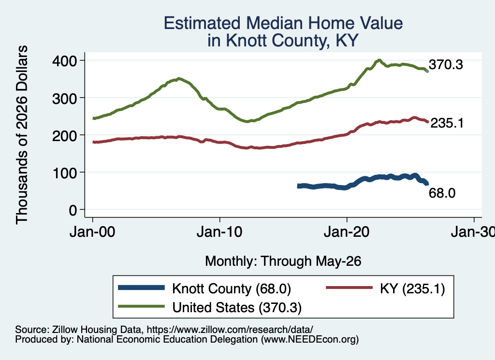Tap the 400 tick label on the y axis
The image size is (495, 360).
point(64,60)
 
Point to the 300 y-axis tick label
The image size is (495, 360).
point(64,98)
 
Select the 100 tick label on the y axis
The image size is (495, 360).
point(64,173)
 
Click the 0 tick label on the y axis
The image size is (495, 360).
point(73,210)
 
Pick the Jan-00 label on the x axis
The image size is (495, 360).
point(92,232)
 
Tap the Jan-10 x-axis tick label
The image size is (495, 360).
point(219,232)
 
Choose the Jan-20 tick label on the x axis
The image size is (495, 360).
point(347,232)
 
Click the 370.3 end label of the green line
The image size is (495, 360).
point(446,65)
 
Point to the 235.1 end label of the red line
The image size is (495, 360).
point(447,123)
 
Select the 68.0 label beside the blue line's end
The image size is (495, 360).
point(442,193)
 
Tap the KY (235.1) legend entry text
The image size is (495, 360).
point(412,288)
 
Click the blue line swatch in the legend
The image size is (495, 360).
point(142,288)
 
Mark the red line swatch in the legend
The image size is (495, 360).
point(349,288)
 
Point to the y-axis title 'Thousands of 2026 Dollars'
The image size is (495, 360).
point(22,135)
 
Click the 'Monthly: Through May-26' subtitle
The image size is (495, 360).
point(283,261)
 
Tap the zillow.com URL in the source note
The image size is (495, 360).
point(230,330)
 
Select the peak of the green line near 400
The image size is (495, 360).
point(379,60)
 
